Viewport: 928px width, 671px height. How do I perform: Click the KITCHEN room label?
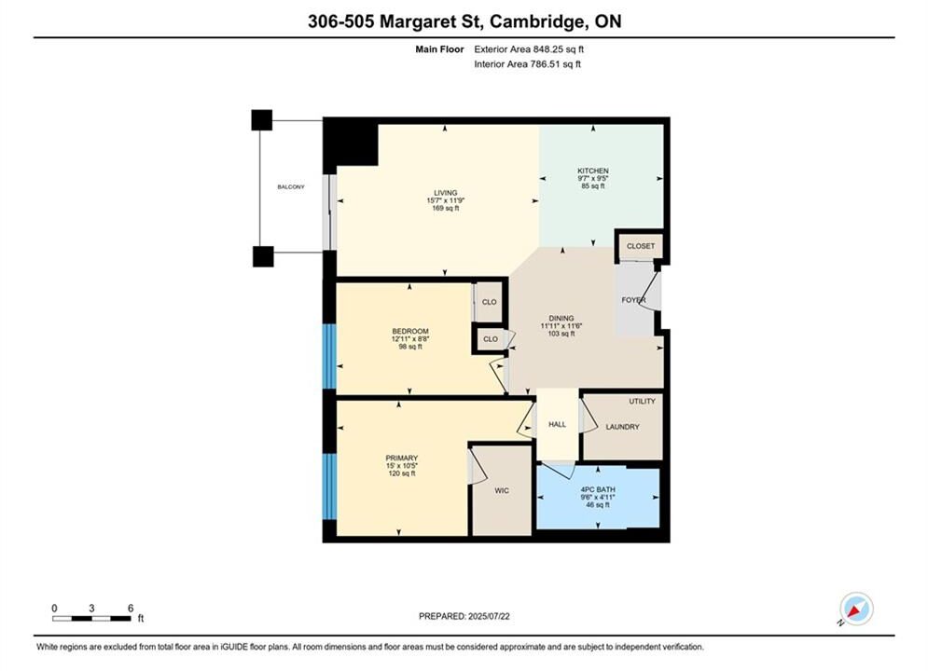pos(593,171)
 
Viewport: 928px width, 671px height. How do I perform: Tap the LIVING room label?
pos(446,193)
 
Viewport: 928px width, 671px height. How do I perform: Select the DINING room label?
pos(561,318)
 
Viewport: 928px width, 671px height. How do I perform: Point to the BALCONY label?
pos(291,186)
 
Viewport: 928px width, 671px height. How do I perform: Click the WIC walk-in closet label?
pos(502,491)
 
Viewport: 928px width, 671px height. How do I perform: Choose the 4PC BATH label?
pos(598,489)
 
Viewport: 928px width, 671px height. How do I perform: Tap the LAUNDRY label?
pos(623,427)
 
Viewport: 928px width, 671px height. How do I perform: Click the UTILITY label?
pos(643,401)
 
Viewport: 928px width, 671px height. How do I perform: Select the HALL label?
pos(557,424)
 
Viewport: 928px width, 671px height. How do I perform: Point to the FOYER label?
pos(633,300)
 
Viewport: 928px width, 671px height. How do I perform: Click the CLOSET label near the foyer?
pos(641,246)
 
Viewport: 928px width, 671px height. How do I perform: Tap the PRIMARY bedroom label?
pos(402,459)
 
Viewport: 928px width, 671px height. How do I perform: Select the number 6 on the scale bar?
pos(131,608)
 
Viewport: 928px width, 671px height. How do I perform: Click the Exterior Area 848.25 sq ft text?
pos(529,49)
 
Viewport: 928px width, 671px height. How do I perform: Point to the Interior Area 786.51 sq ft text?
pos(527,64)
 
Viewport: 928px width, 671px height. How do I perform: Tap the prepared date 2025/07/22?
pos(489,616)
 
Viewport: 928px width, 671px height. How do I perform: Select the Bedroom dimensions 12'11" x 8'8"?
pos(410,339)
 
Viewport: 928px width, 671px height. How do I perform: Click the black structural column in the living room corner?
pos(351,142)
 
